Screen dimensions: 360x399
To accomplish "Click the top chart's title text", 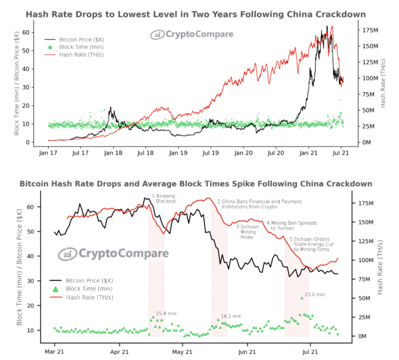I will pyautogui.click(x=196, y=15).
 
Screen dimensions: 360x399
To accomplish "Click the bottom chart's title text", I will pyautogui.click(x=196, y=184).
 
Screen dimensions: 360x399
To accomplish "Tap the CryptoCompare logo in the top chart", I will pyautogui.click(x=192, y=34).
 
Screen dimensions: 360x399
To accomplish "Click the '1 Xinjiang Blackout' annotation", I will pyautogui.click(x=164, y=198).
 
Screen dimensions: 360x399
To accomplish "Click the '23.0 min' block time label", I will pyautogui.click(x=315, y=294).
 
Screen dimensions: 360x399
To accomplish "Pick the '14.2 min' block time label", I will pyautogui.click(x=231, y=316).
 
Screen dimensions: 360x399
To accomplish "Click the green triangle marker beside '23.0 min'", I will pyautogui.click(x=302, y=298).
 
